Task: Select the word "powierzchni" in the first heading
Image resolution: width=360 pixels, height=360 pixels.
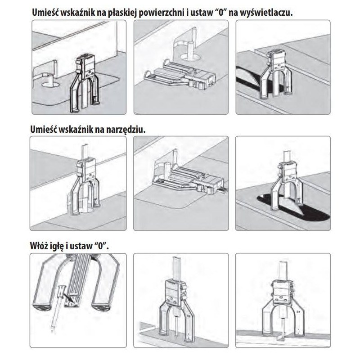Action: tap(161, 13)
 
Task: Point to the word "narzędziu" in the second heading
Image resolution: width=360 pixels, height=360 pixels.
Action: tap(126, 130)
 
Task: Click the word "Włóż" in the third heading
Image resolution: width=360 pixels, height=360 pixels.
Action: tap(39, 246)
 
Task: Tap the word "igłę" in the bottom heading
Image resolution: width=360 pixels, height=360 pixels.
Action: tap(56, 246)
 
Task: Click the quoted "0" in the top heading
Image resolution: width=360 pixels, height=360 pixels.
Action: tap(221, 12)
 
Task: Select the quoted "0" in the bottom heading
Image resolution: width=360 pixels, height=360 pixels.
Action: tap(101, 245)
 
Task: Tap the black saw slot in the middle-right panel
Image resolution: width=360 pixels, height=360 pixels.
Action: tap(294, 207)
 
